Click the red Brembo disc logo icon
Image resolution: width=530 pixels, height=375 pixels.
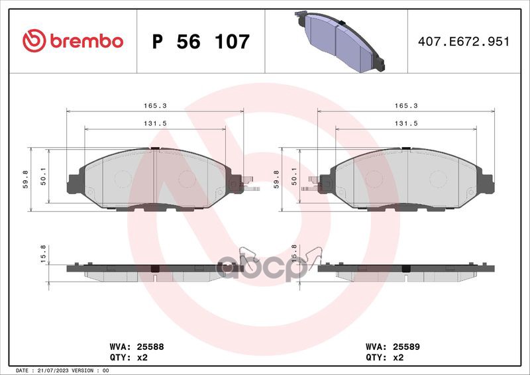(34, 40)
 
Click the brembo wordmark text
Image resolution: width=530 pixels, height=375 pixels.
(87, 41)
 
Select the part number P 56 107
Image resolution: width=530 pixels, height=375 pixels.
(201, 42)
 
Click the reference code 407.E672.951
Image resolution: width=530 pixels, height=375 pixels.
(463, 42)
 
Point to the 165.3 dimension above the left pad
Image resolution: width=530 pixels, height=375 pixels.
(155, 106)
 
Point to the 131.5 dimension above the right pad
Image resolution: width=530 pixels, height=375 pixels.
(406, 124)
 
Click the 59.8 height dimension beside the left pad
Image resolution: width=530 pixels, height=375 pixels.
(25, 180)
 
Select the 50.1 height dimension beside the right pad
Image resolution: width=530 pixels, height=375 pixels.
(294, 176)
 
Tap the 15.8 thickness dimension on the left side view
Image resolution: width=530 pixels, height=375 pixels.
(43, 254)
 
